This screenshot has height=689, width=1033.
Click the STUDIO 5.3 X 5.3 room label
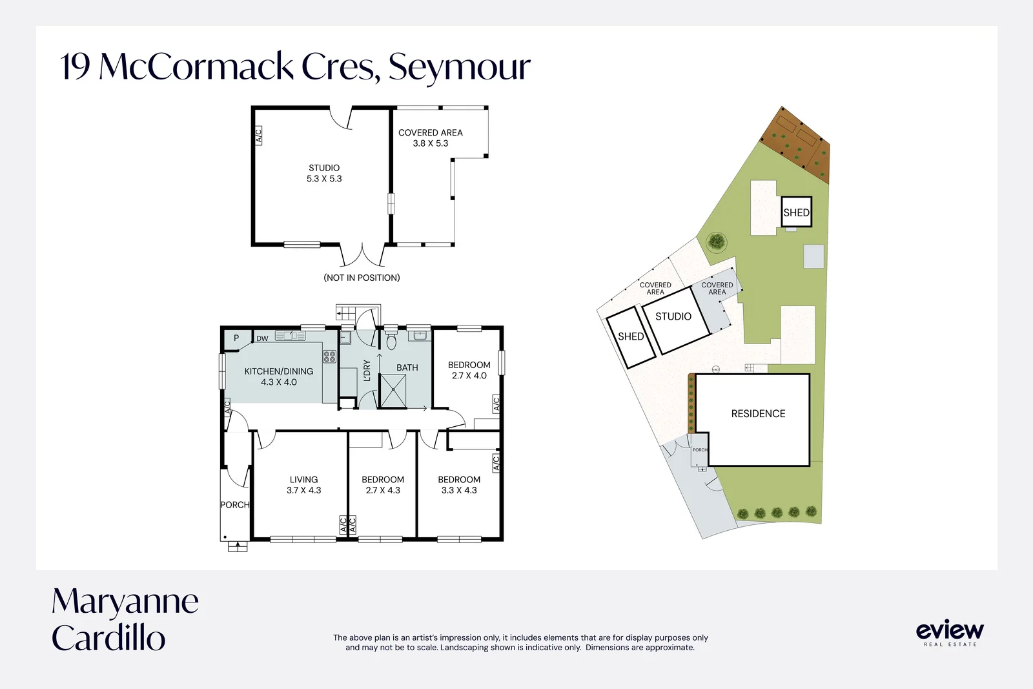click(324, 174)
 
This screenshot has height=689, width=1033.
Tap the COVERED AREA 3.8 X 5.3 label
click(430, 138)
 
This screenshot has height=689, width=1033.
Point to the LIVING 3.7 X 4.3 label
click(303, 485)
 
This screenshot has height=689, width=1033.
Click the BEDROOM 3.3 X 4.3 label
click(459, 485)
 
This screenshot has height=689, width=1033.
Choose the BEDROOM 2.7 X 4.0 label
click(469, 370)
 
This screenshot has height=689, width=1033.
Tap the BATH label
click(407, 367)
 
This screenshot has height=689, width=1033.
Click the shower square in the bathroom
click(393, 391)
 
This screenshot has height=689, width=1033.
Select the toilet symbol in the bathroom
click(391, 341)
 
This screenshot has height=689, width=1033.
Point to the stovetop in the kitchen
click(329, 356)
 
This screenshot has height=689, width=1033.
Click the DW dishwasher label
click(262, 338)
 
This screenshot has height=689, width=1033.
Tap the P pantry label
click(236, 338)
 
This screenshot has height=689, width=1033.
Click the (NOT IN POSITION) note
click(362, 278)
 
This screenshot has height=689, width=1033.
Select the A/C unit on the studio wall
click(258, 136)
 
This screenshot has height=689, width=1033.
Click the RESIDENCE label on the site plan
click(758, 414)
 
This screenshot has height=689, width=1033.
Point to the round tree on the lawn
click(716, 242)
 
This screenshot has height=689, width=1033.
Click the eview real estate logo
click(950, 633)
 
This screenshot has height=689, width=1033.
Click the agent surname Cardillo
click(108, 638)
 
